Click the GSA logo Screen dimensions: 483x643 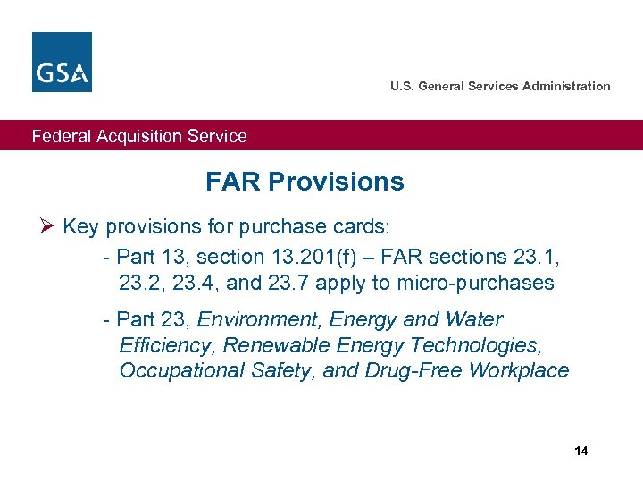point(62,62)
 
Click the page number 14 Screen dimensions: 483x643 point(581,451)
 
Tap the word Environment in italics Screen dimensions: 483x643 point(249,320)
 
